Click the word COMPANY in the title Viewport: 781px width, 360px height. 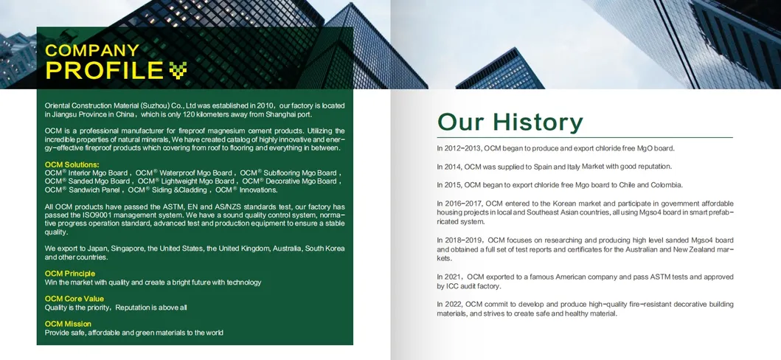(91, 51)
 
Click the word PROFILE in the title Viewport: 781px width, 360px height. (104, 71)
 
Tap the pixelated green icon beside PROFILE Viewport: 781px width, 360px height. (178, 70)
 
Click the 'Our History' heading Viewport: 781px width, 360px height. (510, 122)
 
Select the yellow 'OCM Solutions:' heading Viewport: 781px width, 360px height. (72, 164)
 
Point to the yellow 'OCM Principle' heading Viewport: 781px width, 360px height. (70, 274)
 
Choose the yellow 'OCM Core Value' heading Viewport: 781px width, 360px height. (74, 299)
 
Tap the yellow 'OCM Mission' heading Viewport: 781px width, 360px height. (68, 324)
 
